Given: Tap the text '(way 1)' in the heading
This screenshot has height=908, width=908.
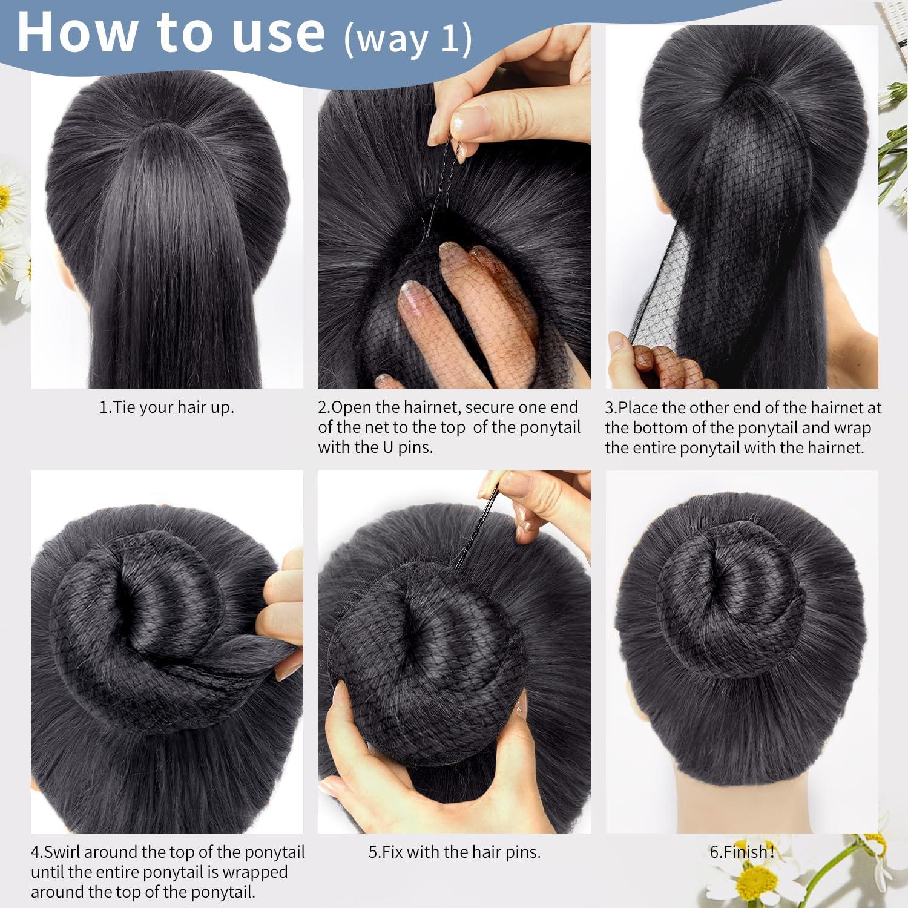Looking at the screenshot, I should [x=407, y=39].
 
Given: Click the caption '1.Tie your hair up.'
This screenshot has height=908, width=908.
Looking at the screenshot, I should [x=166, y=407].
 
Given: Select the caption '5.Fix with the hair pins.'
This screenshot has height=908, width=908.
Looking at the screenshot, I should [x=455, y=852].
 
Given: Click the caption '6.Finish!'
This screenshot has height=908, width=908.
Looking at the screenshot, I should [x=742, y=852].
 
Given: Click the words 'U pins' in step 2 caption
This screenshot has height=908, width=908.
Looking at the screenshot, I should [x=406, y=448].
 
